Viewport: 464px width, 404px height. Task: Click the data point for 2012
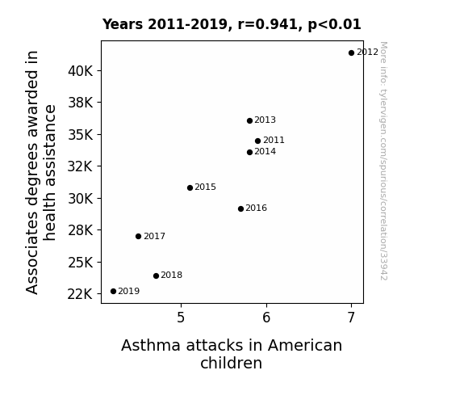coord(351,53)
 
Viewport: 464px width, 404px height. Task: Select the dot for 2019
coord(113,292)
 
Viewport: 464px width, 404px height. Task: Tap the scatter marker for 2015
coord(190,187)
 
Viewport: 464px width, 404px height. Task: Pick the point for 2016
coord(240,208)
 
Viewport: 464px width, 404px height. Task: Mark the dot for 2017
coord(138,236)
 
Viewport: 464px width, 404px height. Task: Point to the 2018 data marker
coord(156,276)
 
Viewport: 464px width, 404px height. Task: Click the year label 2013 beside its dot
coord(265,120)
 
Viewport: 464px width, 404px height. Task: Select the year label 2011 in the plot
coord(274,140)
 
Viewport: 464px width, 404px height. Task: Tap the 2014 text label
coord(265,151)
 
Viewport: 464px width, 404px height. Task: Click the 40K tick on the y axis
coord(80,71)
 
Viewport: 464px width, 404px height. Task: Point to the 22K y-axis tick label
coord(80,294)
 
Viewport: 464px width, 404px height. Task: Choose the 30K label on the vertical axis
coord(80,199)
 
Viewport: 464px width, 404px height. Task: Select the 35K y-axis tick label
coord(80,135)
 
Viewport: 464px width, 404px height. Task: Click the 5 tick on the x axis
coord(181,318)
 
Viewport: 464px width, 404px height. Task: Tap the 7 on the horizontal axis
coord(351,318)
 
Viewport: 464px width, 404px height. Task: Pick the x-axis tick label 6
coord(266,318)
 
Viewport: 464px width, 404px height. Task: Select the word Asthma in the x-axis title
coord(151,345)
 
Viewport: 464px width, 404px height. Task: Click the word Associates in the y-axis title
coord(32,253)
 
